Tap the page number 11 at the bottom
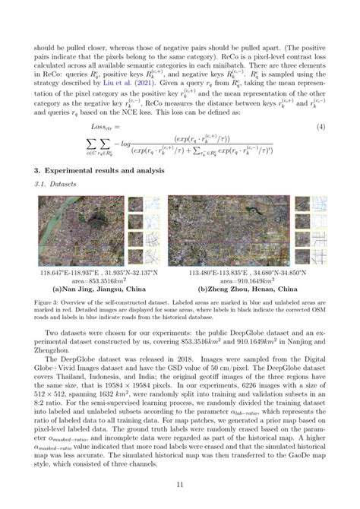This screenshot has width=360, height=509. (x=179, y=482)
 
